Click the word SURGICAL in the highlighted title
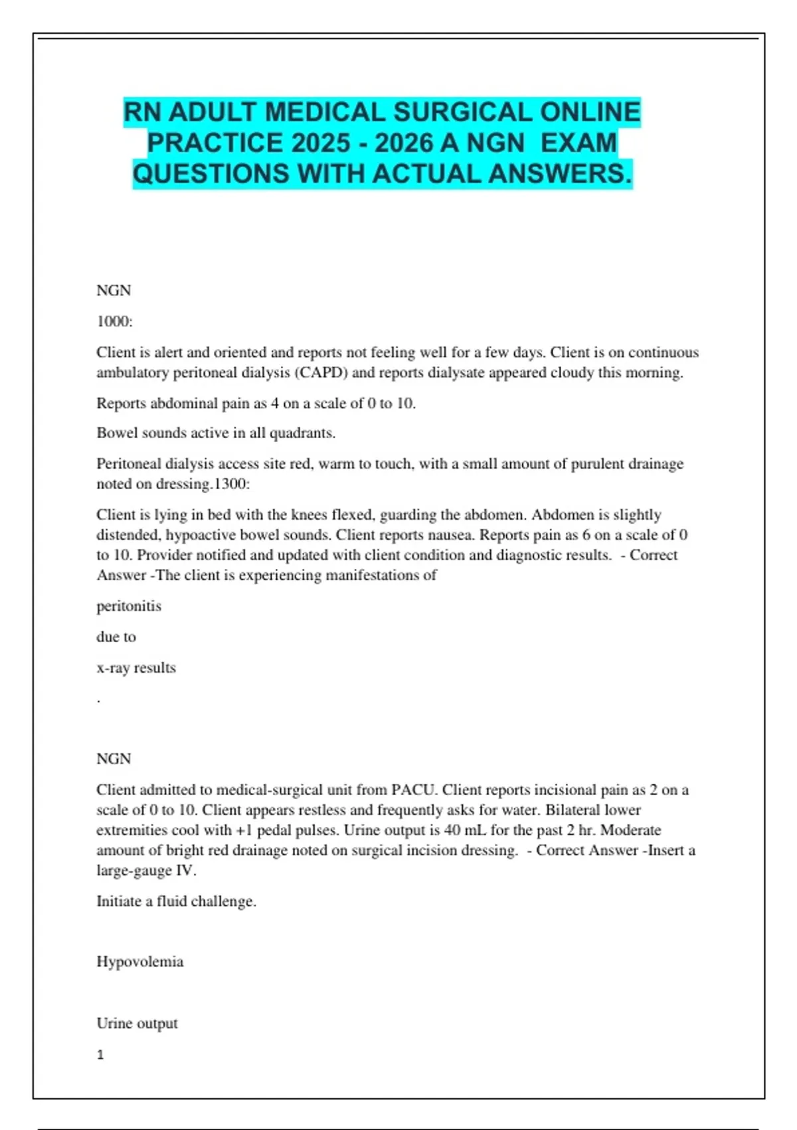coord(463,112)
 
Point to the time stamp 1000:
coord(114,322)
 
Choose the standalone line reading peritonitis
coord(129,606)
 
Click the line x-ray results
coord(136,667)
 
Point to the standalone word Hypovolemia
coord(139,962)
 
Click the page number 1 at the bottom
coord(100,1055)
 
